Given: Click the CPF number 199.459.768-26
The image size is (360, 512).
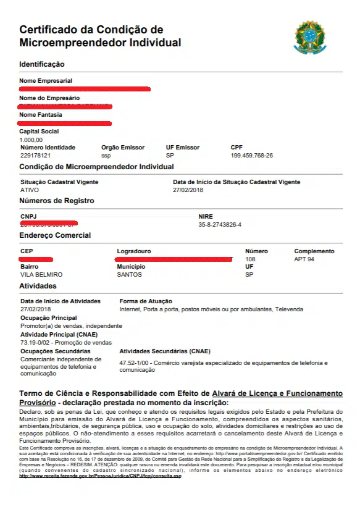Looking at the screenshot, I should (x=251, y=156).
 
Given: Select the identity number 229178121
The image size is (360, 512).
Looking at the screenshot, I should (x=35, y=156).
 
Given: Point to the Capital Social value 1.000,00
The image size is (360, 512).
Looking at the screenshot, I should (x=31, y=140).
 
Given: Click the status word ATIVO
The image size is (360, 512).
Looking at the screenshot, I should (x=29, y=190).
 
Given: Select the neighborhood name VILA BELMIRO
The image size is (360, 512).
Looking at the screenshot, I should (x=41, y=274).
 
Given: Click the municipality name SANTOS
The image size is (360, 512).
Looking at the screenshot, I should (x=129, y=274).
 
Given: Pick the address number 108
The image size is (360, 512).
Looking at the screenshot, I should (x=250, y=259).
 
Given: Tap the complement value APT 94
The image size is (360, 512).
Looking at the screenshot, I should (x=304, y=259).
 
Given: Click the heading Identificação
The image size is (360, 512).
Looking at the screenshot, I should (x=41, y=64).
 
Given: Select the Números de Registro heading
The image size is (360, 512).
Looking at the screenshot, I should (x=56, y=201).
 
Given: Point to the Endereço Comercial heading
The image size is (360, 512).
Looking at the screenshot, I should (x=55, y=235).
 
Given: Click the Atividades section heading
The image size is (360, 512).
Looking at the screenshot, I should (x=38, y=287).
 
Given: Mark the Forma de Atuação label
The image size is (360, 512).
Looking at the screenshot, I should (x=146, y=301).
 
